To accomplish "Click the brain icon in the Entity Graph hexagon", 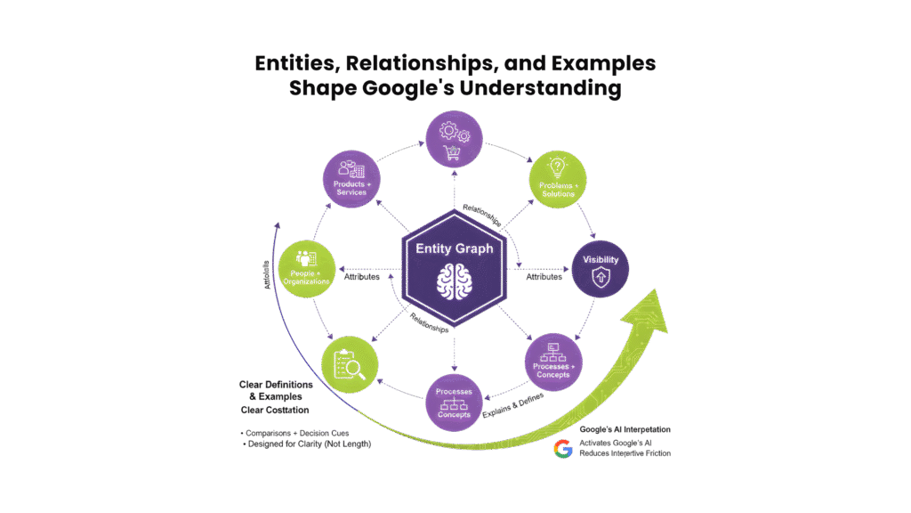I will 455,282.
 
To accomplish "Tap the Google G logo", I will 562,448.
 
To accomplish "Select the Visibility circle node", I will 599,267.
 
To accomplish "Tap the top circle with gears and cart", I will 455,139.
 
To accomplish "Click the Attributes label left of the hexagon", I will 362,276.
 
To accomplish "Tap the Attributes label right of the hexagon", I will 544,276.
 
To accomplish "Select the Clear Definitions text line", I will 277,384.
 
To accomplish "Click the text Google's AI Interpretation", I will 625,429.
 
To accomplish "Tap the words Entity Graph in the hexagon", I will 455,248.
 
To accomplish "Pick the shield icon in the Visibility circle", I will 599,277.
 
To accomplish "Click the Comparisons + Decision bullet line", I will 294,433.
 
